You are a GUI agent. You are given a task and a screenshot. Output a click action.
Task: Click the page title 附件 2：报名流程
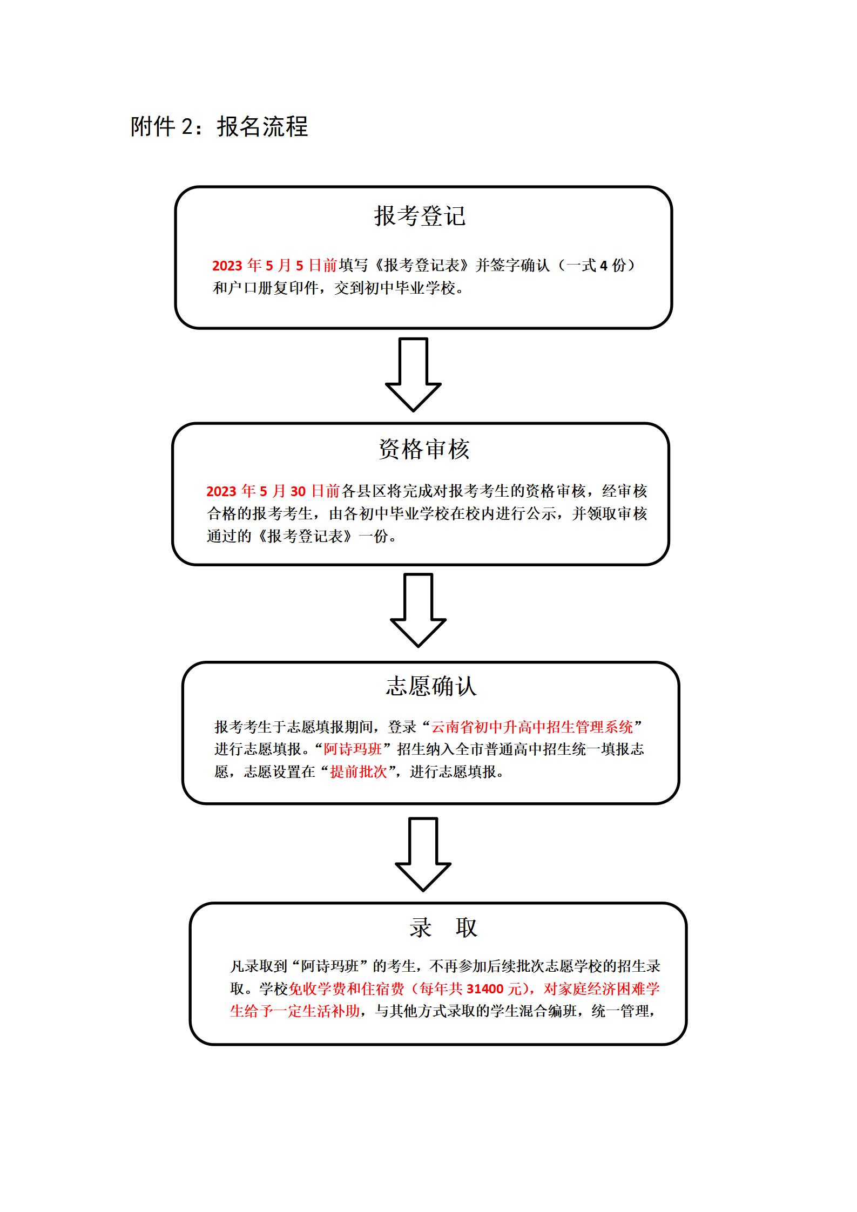[219, 127]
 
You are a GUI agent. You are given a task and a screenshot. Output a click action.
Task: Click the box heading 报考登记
[420, 216]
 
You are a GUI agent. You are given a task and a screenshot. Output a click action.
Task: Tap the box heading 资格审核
[424, 449]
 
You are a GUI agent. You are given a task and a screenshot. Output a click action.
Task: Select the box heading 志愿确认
[431, 686]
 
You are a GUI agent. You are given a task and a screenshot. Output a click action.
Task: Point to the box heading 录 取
[443, 927]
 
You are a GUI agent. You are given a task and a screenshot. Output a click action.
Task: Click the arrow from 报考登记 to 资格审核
[413, 374]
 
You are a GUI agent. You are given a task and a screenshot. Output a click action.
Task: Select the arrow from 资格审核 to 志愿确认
[418, 610]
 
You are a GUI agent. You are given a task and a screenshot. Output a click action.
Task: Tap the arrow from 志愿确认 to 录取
[423, 854]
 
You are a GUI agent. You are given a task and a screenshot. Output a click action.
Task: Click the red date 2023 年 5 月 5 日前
[274, 265]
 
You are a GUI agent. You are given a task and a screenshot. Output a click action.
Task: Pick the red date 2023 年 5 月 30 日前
[273, 491]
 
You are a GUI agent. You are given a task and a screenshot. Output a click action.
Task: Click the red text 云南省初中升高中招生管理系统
[532, 727]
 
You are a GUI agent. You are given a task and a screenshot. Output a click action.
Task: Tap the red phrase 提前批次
[359, 772]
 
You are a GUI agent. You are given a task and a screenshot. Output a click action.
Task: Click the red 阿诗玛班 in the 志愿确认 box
[353, 749]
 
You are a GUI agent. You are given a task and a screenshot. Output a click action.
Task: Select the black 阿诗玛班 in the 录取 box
[330, 966]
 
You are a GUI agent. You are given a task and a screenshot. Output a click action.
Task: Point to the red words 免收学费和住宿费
[347, 988]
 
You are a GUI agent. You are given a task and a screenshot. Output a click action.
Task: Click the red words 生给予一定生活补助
[295, 1011]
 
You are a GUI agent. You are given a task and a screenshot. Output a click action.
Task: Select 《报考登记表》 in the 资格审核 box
[305, 536]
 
